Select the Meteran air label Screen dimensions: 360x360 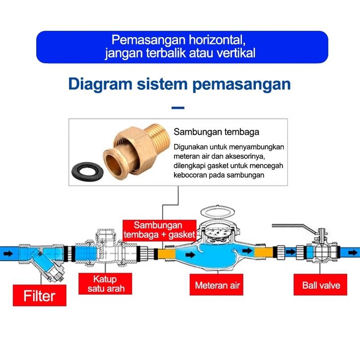pyautogui.click(x=217, y=285)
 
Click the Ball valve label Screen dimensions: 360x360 pyautogui.click(x=321, y=285)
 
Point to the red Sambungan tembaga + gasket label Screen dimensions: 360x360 pyautogui.click(x=159, y=230)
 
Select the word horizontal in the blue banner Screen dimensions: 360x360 pyautogui.click(x=213, y=40)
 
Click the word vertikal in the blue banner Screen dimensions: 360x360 pyautogui.click(x=237, y=53)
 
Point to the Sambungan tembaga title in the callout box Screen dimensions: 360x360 pyautogui.click(x=216, y=132)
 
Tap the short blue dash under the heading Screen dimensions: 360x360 pyautogui.click(x=178, y=108)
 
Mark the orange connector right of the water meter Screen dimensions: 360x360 pyautogui.click(x=261, y=253)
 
